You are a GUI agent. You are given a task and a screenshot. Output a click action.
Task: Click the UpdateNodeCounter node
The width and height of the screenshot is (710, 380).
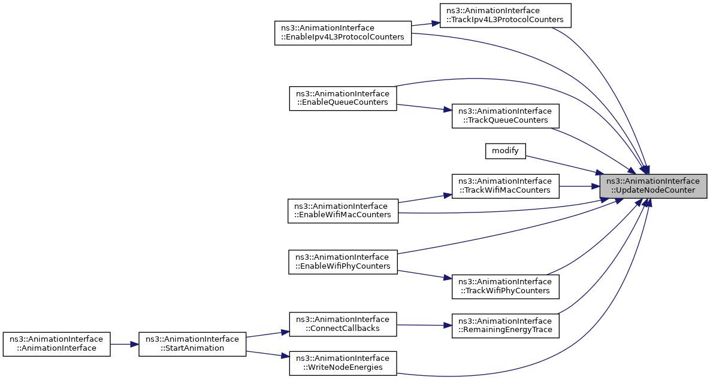653,186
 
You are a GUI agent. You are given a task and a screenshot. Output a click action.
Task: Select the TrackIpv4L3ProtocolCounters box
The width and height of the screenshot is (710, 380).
505,16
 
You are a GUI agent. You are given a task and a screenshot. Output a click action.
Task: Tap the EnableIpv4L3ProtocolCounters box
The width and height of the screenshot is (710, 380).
343,33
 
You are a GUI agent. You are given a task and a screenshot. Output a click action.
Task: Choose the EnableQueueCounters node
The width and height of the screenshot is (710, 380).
343,98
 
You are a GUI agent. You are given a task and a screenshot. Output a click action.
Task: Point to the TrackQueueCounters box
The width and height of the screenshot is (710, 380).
505,116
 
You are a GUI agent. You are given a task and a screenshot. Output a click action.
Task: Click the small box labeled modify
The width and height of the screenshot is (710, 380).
505,151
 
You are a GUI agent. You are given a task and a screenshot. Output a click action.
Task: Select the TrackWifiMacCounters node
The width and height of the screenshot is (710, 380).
505,186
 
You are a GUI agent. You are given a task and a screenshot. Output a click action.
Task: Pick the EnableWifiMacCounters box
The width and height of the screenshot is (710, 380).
343,211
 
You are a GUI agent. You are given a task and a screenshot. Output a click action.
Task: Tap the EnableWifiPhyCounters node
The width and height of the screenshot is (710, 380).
343,262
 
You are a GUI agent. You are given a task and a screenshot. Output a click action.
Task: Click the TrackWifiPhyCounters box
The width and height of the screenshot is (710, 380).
505,287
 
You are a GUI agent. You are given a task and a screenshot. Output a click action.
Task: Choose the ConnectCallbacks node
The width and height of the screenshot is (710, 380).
343,324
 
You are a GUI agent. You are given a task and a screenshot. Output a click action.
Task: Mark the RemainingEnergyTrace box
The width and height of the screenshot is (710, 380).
505,326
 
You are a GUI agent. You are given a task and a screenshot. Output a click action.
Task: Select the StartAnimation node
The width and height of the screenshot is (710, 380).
192,344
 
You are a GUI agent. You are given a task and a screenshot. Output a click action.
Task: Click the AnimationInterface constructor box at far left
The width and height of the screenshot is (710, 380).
56,344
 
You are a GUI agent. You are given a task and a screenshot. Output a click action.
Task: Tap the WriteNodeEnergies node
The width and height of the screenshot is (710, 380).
343,363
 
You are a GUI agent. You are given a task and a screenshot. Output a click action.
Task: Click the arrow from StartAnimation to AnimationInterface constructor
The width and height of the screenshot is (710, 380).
125,344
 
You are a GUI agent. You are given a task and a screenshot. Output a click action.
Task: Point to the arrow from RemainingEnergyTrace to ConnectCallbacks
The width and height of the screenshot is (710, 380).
424,326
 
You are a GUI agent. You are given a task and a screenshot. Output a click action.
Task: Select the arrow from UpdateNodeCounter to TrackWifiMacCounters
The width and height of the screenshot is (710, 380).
579,186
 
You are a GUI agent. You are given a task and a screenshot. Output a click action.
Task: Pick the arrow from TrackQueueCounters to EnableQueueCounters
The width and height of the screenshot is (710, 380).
424,107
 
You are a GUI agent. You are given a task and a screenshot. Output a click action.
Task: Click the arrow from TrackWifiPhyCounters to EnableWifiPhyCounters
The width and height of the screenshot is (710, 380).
424,275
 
